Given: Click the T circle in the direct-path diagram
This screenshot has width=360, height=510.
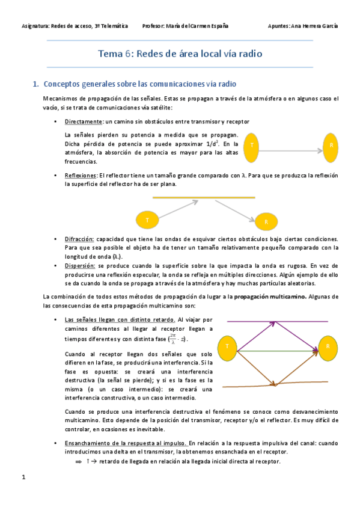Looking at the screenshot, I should coord(252,147).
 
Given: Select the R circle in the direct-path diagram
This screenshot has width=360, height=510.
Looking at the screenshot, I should coord(332,147).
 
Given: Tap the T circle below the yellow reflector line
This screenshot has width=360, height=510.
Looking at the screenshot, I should coord(147,220).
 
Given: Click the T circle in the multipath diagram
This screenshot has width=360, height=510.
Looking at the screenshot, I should coord(228,347).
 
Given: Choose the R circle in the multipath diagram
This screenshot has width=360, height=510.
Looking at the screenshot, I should coord(328,347).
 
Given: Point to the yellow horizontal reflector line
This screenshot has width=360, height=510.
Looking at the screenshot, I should coord(203,197).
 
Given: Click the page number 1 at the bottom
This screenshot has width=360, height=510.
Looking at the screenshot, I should coord(23,478).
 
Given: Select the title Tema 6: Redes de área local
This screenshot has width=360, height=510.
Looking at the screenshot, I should coord(180,54).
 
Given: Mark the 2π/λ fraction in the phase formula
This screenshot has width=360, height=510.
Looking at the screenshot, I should coord(172,339).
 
